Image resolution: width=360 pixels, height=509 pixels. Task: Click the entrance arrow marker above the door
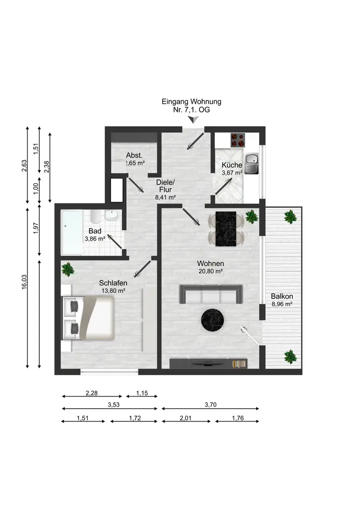pyautogui.click(x=193, y=120)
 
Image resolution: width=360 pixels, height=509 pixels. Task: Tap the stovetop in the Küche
pyautogui.click(x=238, y=140)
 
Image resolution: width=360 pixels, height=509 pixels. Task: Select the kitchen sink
pyautogui.click(x=252, y=163)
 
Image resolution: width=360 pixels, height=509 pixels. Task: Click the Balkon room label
pyautogui.click(x=282, y=296)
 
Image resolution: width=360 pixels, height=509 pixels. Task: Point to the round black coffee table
pyautogui.click(x=212, y=320)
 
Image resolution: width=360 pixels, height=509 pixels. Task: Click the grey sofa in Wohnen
pyautogui.click(x=211, y=294)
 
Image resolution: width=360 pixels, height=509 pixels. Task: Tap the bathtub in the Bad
pyautogui.click(x=72, y=232)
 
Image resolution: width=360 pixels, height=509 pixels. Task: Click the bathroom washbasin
pyautogui.click(x=112, y=215)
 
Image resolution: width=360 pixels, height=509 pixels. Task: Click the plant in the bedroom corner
pyautogui.click(x=68, y=269)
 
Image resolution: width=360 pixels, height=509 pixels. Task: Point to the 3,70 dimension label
pyautogui.click(x=210, y=405)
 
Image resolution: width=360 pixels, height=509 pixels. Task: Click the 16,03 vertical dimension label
pyautogui.click(x=24, y=282)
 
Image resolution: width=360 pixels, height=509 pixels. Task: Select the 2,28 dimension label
pyautogui.click(x=92, y=393)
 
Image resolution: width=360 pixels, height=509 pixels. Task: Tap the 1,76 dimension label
pyautogui.click(x=238, y=418)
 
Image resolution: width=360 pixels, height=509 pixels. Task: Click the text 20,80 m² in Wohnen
pyautogui.click(x=211, y=271)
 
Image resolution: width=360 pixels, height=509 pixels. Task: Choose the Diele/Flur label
pyautogui.click(x=165, y=186)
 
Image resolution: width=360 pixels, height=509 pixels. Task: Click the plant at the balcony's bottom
pyautogui.click(x=290, y=357)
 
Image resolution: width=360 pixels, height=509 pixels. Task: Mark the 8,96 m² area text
pyautogui.click(x=282, y=304)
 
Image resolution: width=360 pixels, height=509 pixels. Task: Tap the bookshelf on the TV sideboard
pyautogui.click(x=239, y=364)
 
